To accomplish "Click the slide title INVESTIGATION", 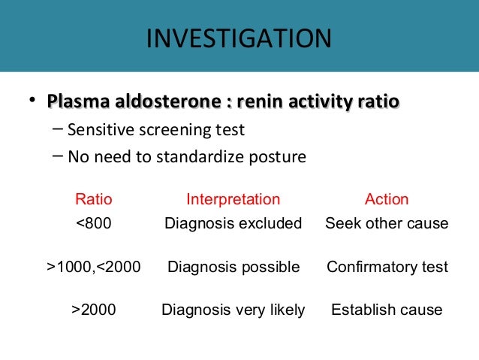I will tap(238, 38).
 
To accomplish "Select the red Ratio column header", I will tap(94, 199).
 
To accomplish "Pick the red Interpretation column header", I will tap(233, 199).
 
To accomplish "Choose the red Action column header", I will tap(387, 199).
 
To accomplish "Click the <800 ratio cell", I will tap(94, 223).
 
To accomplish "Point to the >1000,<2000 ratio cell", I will tap(94, 266).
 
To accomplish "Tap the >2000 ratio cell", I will tap(94, 309).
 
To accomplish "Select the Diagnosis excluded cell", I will tap(233, 223).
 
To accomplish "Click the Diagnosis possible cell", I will tap(233, 266).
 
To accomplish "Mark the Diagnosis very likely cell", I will tap(233, 309).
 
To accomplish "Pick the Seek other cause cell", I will tap(387, 223).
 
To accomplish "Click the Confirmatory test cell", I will tap(387, 266).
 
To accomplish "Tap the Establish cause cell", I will tap(387, 309).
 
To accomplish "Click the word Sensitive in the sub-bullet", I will tap(97, 130).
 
